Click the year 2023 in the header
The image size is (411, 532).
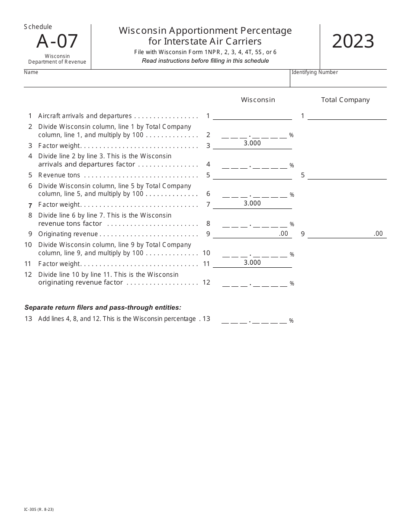point(353,42)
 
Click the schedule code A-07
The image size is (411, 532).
point(57,42)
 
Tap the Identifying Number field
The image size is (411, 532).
point(338,80)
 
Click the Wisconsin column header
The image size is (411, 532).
point(258,100)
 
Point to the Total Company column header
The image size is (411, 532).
point(345,100)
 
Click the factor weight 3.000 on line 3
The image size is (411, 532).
point(252,143)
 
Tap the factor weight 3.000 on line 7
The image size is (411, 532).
point(252,203)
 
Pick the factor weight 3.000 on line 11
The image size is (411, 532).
point(252,263)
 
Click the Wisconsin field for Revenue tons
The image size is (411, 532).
point(252,175)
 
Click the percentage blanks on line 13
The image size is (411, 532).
point(254,320)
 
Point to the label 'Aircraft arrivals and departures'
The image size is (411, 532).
point(85,116)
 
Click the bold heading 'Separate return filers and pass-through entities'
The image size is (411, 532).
point(103,308)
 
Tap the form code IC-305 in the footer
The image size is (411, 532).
point(39,510)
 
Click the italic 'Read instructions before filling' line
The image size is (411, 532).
point(205,61)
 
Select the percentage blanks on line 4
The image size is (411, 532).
point(254,165)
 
